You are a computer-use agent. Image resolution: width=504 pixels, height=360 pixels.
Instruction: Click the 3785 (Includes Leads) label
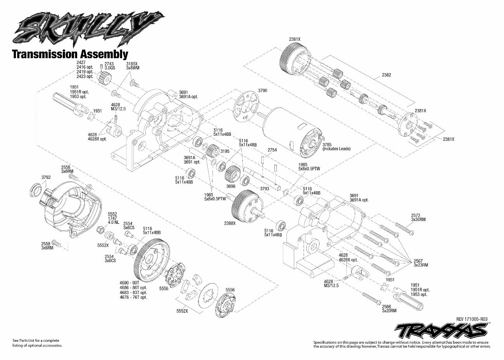[336, 147]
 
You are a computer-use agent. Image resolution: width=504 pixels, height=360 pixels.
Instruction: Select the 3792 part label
[46, 178]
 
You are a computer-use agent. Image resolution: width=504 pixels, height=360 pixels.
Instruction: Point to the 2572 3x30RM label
[418, 218]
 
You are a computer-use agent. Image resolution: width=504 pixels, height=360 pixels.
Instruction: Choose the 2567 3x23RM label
[420, 263]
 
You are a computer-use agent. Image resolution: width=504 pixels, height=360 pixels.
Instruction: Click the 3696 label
[231, 186]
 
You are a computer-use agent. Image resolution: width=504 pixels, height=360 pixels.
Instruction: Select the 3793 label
[265, 189]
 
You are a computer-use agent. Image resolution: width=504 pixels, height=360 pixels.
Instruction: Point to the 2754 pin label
[273, 149]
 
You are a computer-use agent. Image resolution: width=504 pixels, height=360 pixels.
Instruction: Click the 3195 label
[224, 151]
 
